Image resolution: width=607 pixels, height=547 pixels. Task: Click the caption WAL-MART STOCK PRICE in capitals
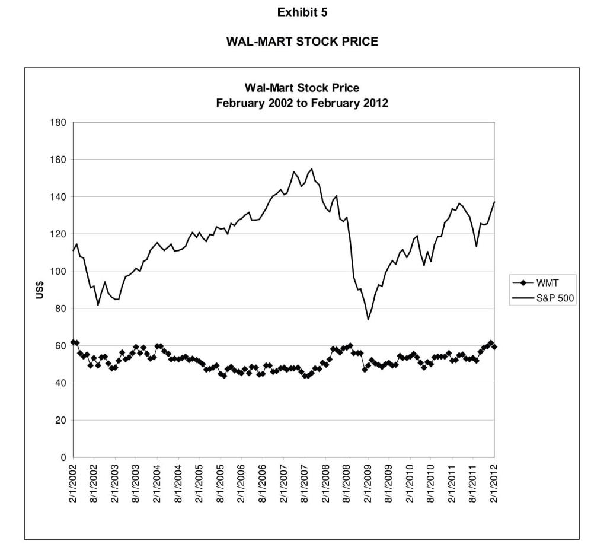tap(302, 42)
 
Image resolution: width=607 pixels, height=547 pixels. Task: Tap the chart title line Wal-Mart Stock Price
tap(302, 88)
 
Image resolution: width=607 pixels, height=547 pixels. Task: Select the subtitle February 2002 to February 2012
tap(302, 103)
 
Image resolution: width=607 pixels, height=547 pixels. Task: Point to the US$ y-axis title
tap(40, 290)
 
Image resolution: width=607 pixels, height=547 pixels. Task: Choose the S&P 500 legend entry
tap(554, 298)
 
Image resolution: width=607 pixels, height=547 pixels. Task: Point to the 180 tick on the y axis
tap(58, 122)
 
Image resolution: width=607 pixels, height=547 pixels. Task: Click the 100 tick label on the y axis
tap(58, 271)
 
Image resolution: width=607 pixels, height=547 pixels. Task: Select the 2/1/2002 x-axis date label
tap(74, 483)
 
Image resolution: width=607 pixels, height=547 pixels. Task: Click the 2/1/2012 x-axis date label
tap(494, 483)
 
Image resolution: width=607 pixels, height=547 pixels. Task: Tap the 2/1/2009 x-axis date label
tap(368, 483)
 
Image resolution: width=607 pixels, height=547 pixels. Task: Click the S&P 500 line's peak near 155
tap(312, 168)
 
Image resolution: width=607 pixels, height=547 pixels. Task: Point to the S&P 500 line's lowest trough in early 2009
tap(368, 319)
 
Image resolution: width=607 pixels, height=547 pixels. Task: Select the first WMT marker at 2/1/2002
tap(74, 342)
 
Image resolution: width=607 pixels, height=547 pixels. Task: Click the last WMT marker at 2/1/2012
tap(494, 346)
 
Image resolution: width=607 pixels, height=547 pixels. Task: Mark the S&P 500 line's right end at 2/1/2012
tap(494, 202)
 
